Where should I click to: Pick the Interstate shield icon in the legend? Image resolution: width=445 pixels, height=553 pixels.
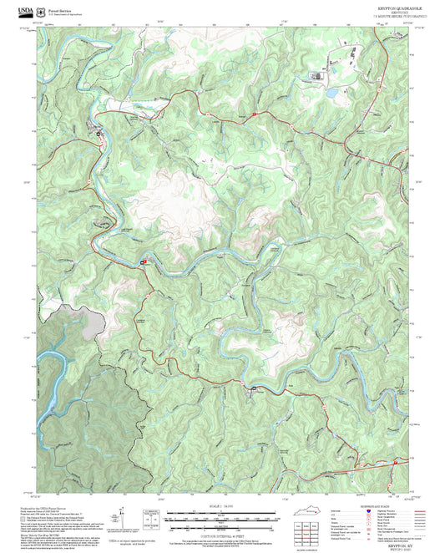pos(359,511)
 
